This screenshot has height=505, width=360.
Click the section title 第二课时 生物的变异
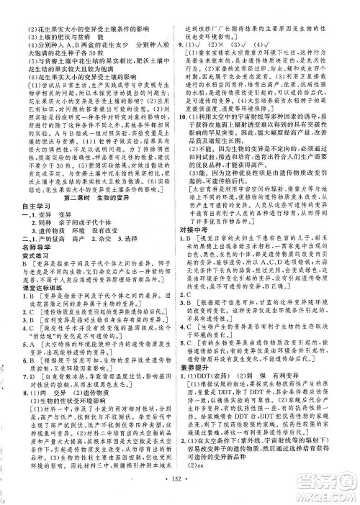(91, 177)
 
